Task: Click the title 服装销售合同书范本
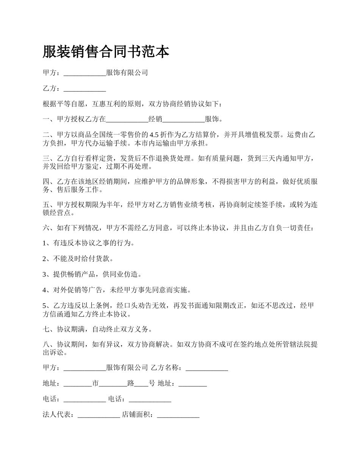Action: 106,52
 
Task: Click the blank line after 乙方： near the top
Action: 85,89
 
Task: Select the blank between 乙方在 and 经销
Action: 127,119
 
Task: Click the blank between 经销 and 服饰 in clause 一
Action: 183,119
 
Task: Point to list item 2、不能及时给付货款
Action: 78,259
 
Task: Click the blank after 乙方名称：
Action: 207,368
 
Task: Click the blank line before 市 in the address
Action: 78,383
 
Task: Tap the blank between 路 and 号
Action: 141,383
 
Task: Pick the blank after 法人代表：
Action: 99,415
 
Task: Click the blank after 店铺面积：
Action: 178,415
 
